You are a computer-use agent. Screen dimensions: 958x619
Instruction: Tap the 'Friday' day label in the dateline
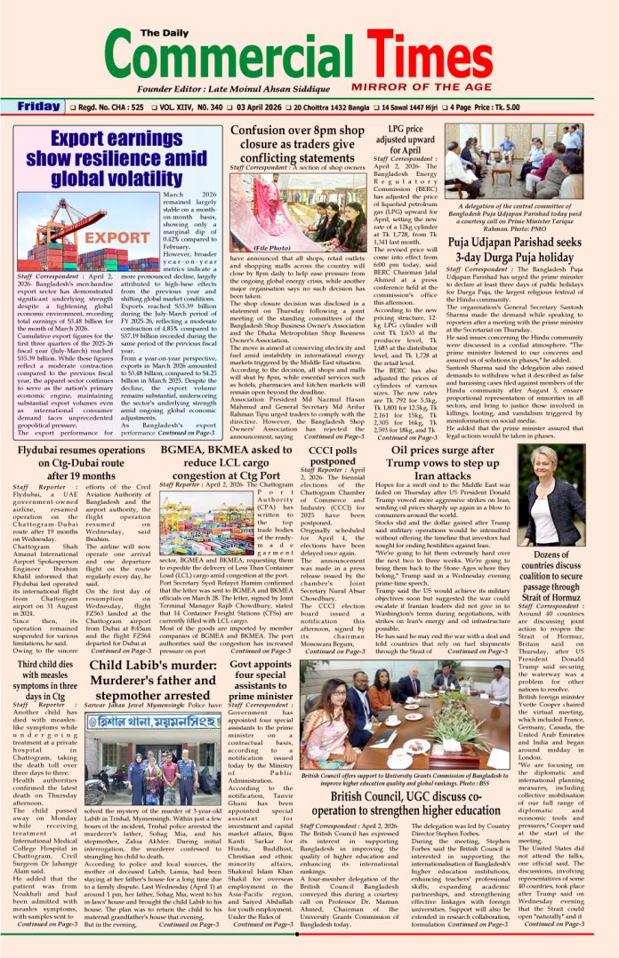pyautogui.click(x=39, y=107)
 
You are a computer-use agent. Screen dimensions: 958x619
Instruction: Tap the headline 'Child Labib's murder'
pyautogui.click(x=157, y=681)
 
